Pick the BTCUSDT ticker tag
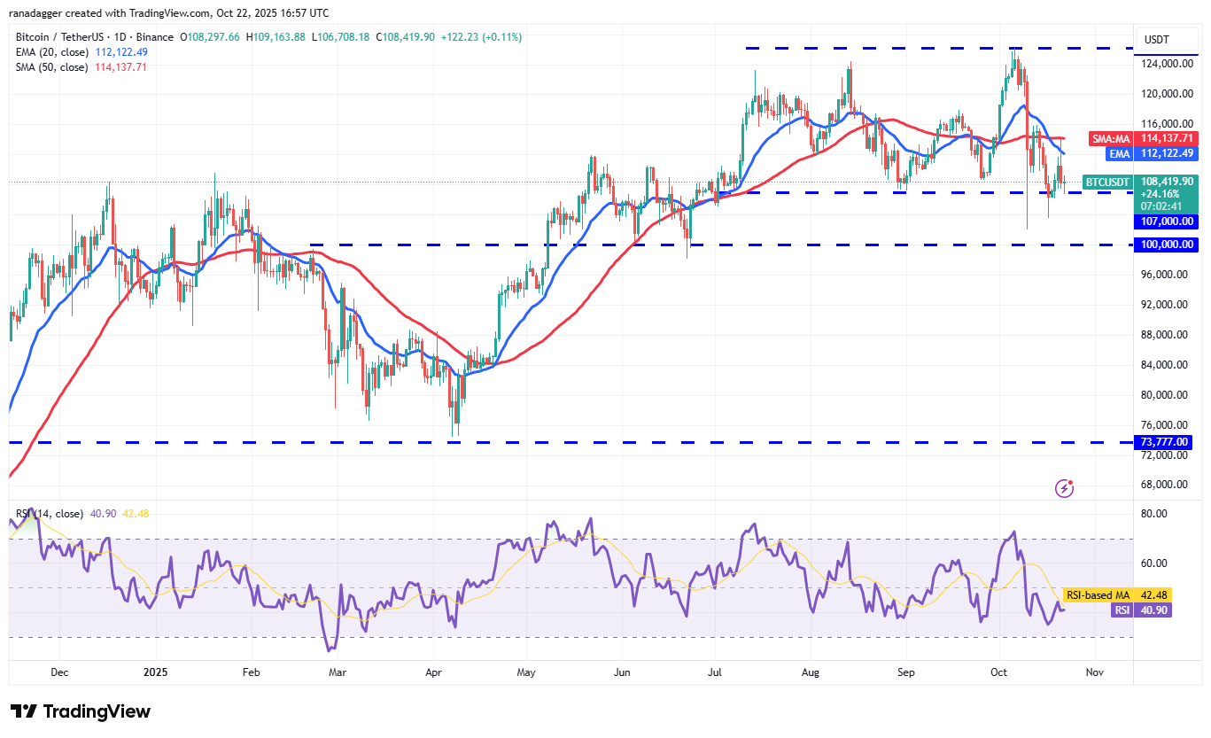coord(1108,183)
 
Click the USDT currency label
coord(1157,40)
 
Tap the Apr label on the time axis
coord(433,672)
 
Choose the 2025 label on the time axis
coord(154,672)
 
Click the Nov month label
coord(1096,672)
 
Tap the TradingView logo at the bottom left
coord(81,711)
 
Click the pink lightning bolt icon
coord(1065,488)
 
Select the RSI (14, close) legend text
coord(50,514)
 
